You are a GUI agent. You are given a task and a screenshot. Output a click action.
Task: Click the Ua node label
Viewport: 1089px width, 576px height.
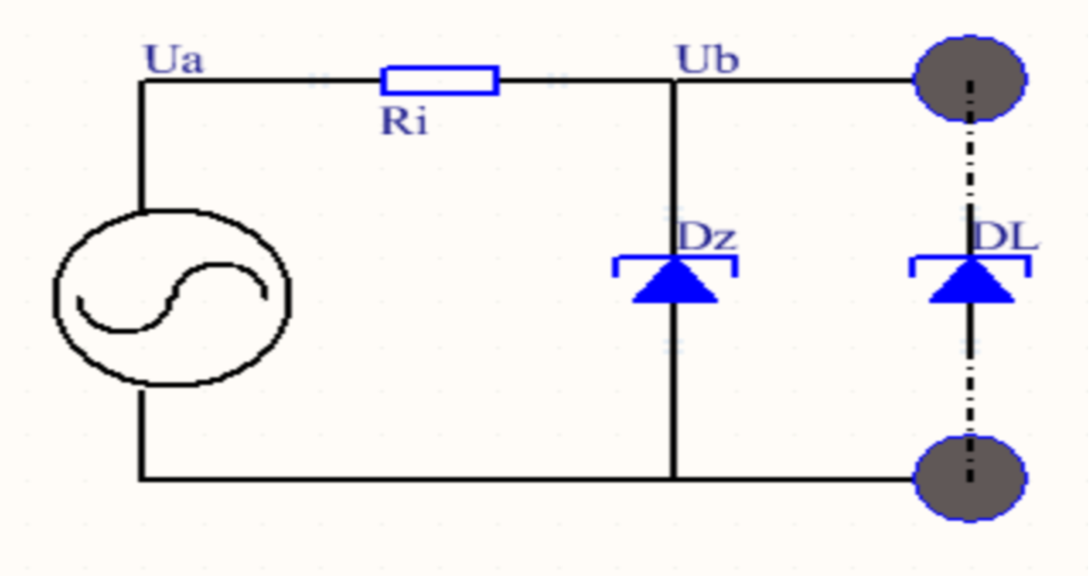coord(174,60)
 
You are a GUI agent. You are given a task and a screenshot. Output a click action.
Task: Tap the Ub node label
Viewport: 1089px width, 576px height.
coord(707,60)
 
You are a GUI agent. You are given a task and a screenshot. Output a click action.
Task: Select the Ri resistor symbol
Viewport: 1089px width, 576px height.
coord(439,80)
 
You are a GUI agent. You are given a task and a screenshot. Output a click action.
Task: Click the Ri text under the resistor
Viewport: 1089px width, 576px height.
coord(403,122)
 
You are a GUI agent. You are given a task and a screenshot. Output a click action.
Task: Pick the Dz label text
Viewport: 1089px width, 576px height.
coord(705,237)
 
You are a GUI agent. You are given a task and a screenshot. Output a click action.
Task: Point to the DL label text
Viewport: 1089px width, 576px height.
coord(1004,237)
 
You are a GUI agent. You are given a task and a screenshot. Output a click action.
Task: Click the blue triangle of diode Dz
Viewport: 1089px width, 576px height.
coord(675,282)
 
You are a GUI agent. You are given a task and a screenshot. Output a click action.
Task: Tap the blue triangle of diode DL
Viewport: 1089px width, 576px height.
coord(971,282)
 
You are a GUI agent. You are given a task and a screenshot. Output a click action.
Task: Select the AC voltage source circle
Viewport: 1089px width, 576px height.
coord(172,297)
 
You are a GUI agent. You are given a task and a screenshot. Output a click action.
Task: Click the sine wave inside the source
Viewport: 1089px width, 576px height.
coord(172,300)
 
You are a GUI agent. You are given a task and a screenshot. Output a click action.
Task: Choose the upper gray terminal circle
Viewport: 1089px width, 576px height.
coord(970,79)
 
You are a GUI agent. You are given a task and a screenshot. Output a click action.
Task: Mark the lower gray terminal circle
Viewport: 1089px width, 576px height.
coord(970,478)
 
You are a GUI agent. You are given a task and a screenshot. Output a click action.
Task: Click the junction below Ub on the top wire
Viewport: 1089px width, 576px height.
coord(675,80)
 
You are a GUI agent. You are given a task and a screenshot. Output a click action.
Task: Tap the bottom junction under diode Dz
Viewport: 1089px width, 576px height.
coord(675,479)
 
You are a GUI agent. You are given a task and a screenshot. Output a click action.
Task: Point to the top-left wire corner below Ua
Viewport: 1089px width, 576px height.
coord(140,81)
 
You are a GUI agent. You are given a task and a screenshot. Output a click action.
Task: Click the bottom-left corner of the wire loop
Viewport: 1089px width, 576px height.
coord(140,479)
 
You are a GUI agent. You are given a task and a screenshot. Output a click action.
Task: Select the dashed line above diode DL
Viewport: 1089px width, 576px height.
coord(970,168)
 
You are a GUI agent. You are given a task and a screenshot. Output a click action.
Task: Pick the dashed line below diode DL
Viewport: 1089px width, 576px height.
coord(970,379)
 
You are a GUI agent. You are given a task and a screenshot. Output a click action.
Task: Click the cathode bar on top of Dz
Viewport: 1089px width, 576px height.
coord(675,258)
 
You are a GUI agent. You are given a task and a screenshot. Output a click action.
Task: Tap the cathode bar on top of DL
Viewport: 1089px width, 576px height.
coord(970,258)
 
